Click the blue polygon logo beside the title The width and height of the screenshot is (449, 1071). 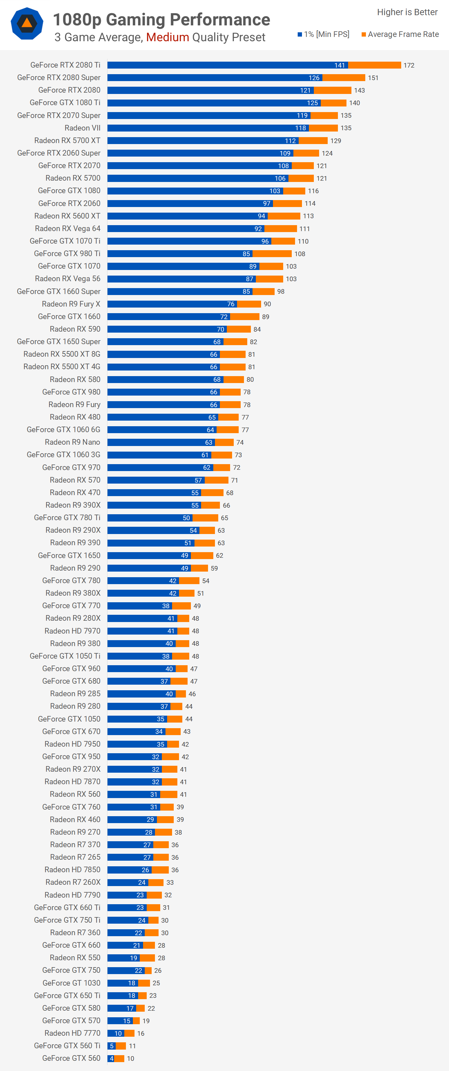click(x=27, y=24)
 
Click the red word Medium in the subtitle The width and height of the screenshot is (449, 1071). click(x=167, y=38)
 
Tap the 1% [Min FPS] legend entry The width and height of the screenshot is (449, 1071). click(x=323, y=34)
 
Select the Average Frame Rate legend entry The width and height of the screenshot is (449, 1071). click(x=400, y=34)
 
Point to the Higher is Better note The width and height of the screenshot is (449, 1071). click(x=407, y=12)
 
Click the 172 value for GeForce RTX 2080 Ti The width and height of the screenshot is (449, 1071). click(x=409, y=65)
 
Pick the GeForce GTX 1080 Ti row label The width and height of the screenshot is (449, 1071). click(x=65, y=103)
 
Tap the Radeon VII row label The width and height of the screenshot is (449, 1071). click(x=82, y=128)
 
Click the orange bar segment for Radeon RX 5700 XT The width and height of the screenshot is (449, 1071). click(x=313, y=140)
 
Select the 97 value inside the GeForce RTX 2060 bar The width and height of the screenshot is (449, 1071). click(x=266, y=203)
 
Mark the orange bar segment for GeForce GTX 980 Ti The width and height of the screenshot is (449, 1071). click(x=272, y=253)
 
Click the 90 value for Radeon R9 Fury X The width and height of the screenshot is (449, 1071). click(x=267, y=304)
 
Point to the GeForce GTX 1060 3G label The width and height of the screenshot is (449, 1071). click(x=63, y=455)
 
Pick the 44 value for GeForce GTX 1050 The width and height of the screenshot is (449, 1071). click(x=189, y=719)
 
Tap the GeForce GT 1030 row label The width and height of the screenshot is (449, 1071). click(x=71, y=983)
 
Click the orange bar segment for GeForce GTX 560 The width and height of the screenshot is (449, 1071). click(x=119, y=1058)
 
